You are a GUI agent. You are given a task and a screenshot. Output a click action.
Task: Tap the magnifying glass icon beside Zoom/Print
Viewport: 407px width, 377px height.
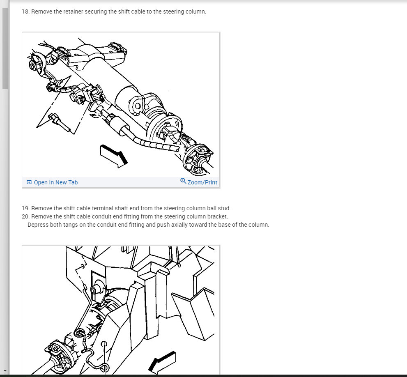(x=183, y=181)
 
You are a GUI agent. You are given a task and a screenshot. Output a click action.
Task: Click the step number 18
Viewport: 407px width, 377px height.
(x=25, y=11)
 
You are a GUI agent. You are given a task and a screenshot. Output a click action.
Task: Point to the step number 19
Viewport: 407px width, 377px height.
(x=25, y=208)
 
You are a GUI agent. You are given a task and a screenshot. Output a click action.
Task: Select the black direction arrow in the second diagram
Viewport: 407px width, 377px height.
(x=162, y=362)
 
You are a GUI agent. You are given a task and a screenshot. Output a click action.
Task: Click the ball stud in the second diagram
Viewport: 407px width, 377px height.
(x=96, y=289)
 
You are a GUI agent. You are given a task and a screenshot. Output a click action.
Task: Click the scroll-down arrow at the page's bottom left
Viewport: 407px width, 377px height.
(x=5, y=371)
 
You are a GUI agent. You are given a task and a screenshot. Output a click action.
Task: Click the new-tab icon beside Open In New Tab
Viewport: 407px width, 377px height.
(x=29, y=182)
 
